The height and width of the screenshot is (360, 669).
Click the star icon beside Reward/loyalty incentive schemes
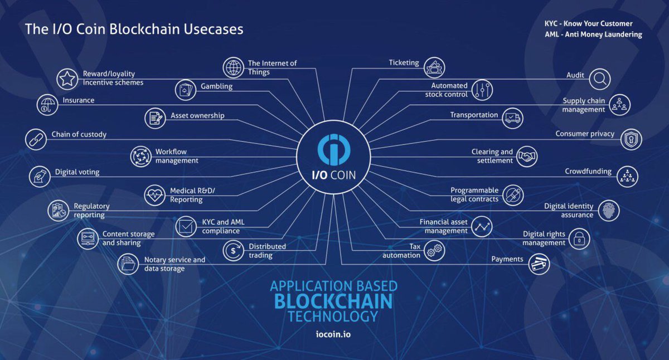tap(67, 79)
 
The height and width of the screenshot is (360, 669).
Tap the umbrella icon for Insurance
tap(47, 104)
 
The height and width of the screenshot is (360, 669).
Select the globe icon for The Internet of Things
tap(233, 67)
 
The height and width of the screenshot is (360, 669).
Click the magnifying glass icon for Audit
tap(600, 79)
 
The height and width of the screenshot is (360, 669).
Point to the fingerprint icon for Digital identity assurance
tap(608, 211)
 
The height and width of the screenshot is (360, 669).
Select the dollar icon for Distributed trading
tap(233, 251)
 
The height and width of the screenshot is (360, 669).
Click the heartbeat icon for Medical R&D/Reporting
tap(155, 195)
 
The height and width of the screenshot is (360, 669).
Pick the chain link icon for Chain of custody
tap(36, 139)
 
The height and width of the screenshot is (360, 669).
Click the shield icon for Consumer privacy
tap(631, 139)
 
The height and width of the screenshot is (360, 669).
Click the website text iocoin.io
tap(333, 335)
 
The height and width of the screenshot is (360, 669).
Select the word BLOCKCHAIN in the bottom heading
tap(333, 301)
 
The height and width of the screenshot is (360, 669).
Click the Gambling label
tap(216, 87)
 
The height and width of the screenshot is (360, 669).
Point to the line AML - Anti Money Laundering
tap(593, 35)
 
